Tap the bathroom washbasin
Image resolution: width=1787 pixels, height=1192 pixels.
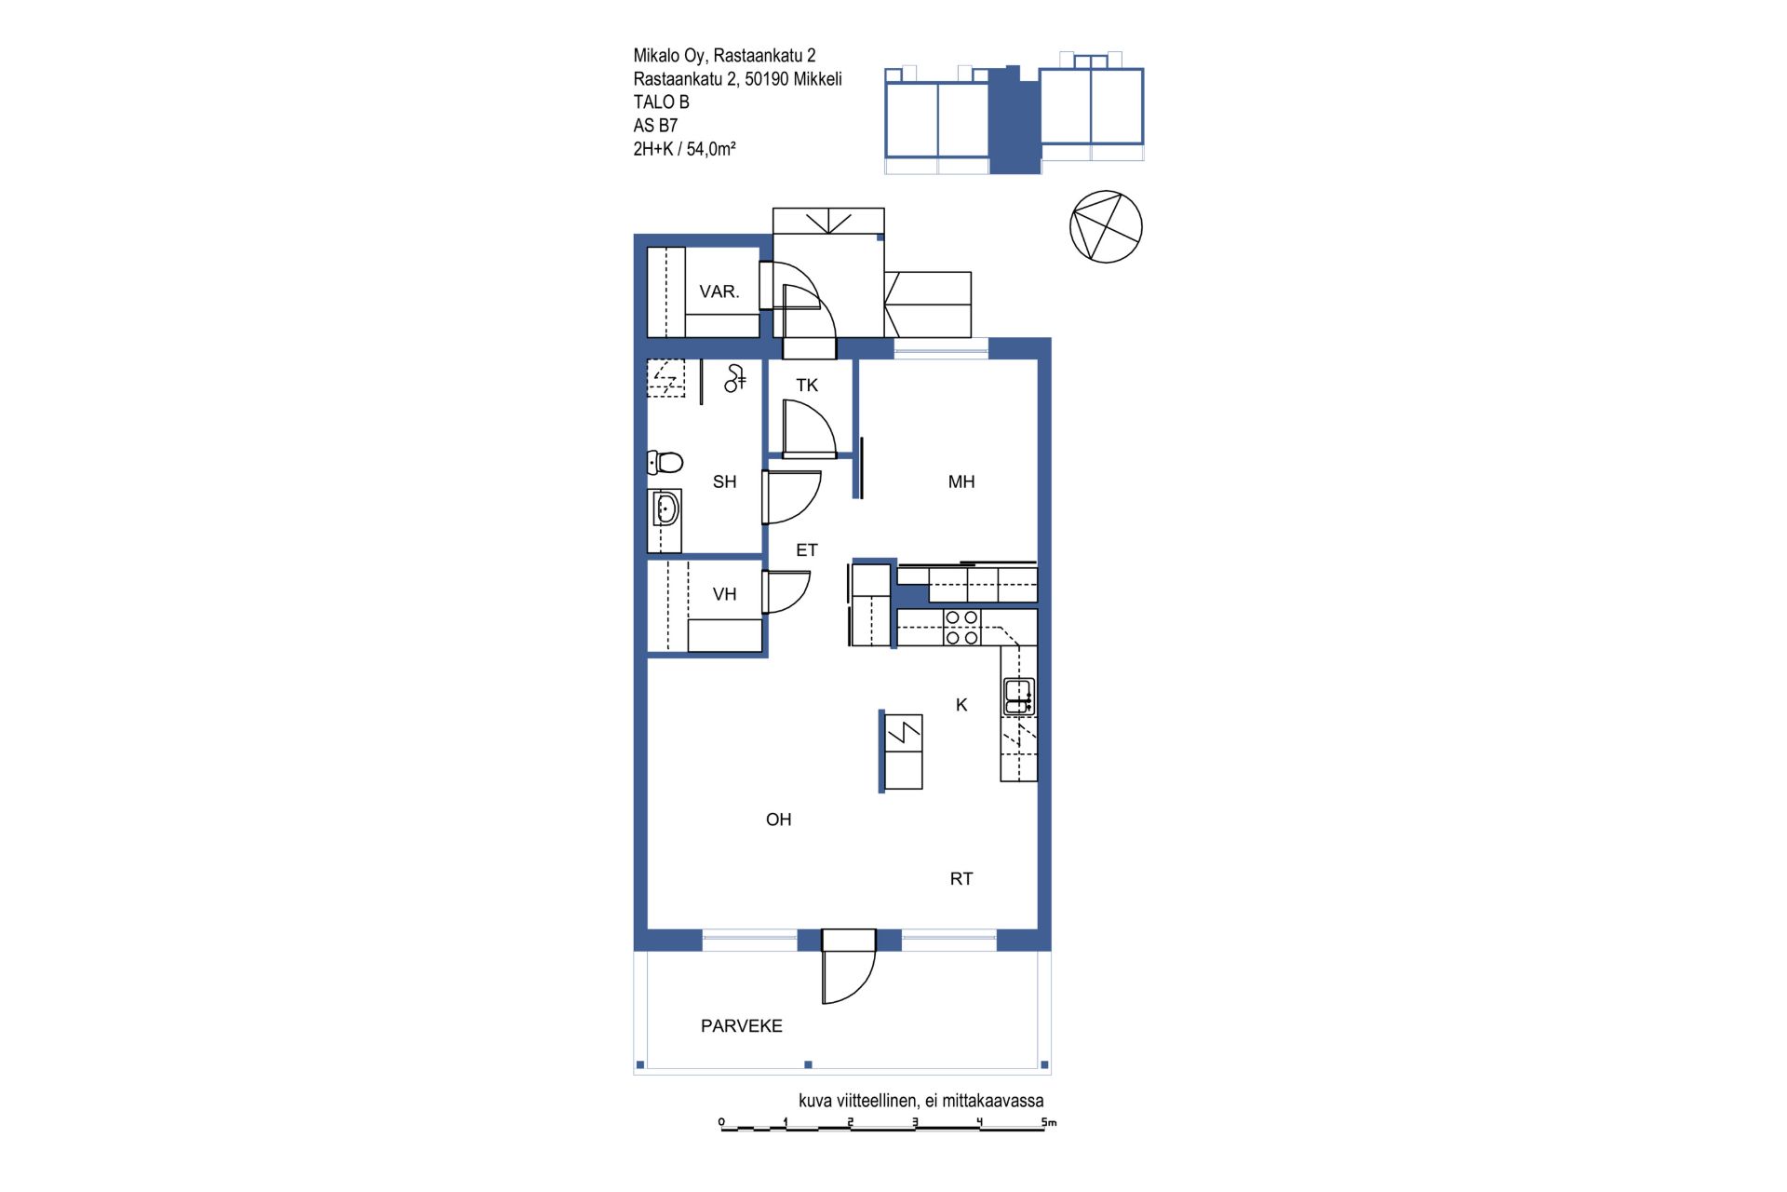(x=665, y=509)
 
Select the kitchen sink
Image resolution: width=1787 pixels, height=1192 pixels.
(x=1018, y=697)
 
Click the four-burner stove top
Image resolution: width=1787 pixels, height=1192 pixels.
(x=962, y=627)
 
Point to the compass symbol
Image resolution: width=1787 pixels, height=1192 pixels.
(x=1106, y=226)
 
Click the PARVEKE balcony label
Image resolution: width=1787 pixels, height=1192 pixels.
(x=742, y=1026)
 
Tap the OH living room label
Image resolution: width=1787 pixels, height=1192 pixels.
(x=779, y=819)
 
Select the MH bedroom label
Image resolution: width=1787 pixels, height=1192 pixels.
(x=961, y=481)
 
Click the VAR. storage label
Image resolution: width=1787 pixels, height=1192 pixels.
(x=719, y=291)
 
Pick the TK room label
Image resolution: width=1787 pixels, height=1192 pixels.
(x=807, y=385)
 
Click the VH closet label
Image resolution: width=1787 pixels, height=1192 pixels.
(x=724, y=594)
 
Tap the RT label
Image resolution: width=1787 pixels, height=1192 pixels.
(x=961, y=878)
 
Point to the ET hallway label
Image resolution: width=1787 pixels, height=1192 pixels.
(x=807, y=550)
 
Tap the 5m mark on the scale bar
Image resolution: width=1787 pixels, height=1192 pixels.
(x=1049, y=1123)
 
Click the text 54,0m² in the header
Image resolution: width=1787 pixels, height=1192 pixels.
(x=711, y=148)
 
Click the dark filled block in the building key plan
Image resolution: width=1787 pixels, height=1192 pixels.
(x=1014, y=121)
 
